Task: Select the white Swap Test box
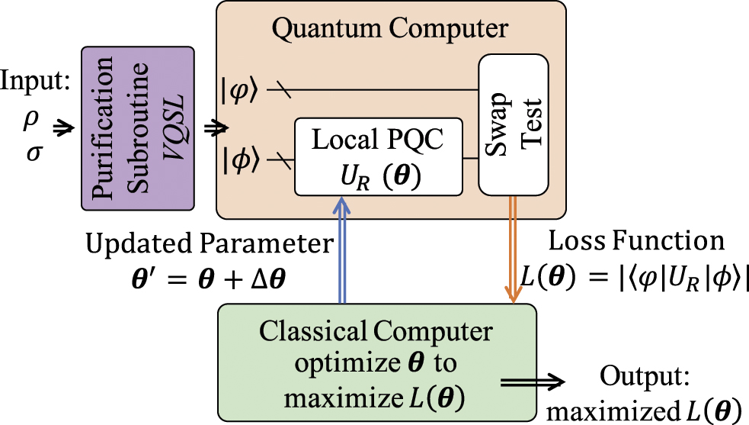514,125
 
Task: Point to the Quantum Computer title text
390,29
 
